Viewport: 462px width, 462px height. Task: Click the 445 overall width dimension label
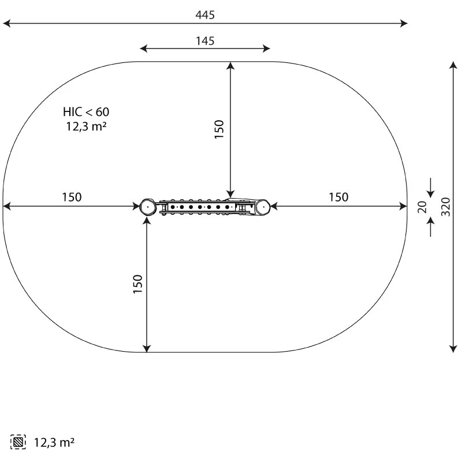click(x=205, y=15)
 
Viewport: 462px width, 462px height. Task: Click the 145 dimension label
click(x=205, y=41)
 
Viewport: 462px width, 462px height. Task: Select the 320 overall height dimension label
click(x=445, y=207)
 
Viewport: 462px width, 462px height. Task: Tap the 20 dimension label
click(x=422, y=207)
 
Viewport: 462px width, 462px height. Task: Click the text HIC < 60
click(x=86, y=112)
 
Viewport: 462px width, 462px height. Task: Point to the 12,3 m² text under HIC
click(x=86, y=126)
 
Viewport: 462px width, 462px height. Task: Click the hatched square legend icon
click(x=18, y=442)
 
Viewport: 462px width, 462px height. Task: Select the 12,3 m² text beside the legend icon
click(x=54, y=442)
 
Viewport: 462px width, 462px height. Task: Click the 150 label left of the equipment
click(x=72, y=197)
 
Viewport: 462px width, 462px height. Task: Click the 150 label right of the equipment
click(x=338, y=197)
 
